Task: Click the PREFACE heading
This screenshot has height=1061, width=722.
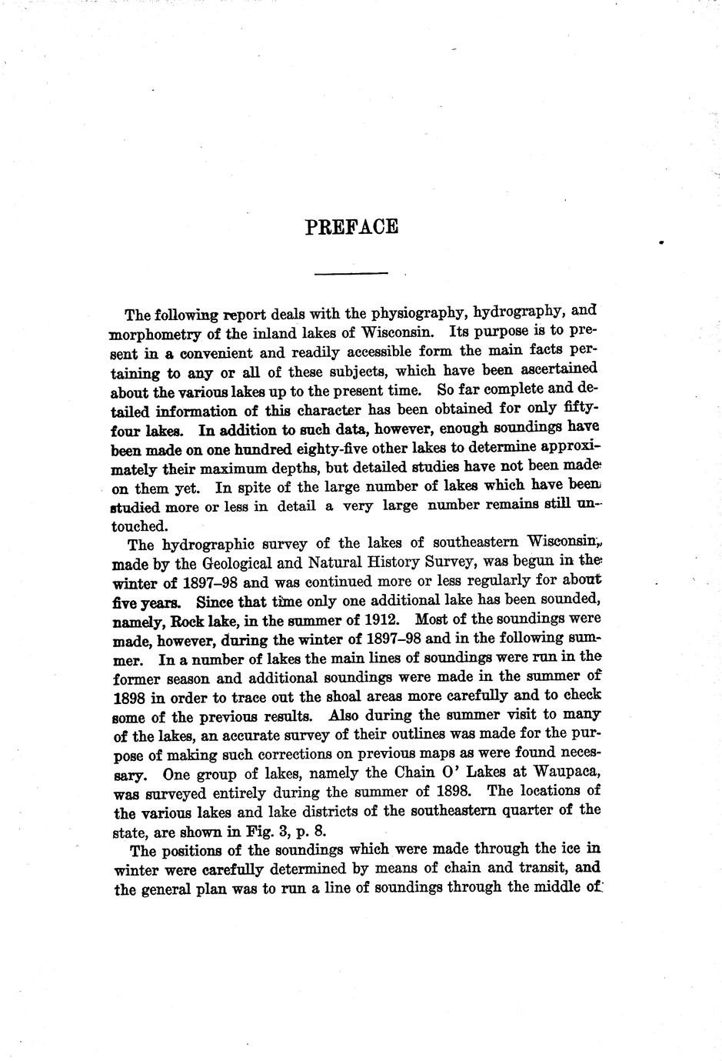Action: click(x=351, y=227)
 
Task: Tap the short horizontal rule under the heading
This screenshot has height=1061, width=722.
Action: click(x=351, y=272)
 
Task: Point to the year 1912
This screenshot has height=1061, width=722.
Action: click(x=382, y=619)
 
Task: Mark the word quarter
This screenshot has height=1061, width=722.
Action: click(x=530, y=810)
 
